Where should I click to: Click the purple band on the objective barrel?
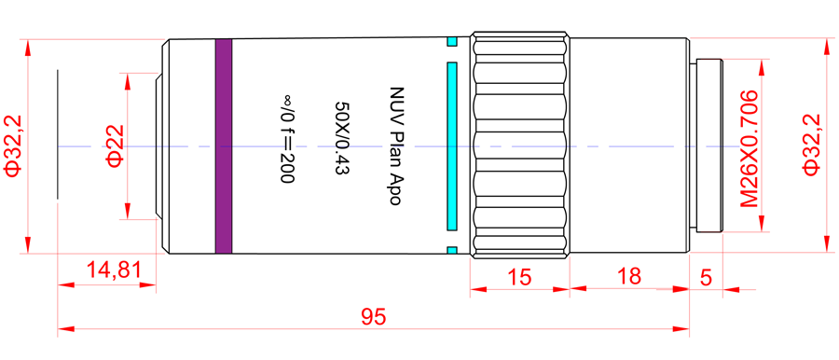click(x=223, y=146)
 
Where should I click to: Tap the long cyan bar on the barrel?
click(x=452, y=146)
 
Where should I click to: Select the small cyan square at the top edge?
click(x=452, y=41)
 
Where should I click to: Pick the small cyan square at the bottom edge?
click(x=452, y=250)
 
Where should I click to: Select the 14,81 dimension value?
click(x=113, y=271)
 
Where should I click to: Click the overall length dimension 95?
click(x=373, y=316)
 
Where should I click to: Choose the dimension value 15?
click(x=518, y=277)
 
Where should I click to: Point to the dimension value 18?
click(x=629, y=277)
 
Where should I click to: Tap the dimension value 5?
click(x=706, y=277)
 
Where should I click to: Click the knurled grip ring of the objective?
click(x=518, y=146)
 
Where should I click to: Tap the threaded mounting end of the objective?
click(x=708, y=146)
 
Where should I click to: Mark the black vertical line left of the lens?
click(x=58, y=133)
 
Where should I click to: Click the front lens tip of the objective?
click(x=159, y=146)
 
